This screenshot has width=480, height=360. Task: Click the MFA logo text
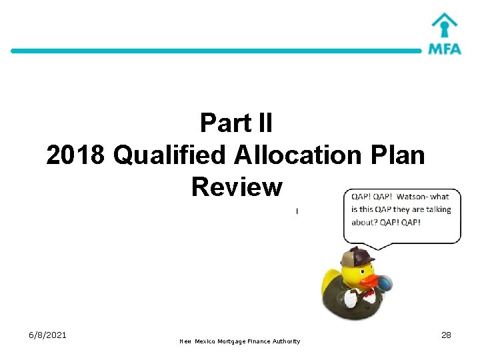point(445,48)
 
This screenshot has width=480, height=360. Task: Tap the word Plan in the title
point(398,155)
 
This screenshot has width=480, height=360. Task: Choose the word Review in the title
point(237,187)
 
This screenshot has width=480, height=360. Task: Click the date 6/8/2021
point(47,335)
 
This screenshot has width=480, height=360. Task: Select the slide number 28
point(446,335)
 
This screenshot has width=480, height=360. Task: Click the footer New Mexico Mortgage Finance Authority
point(240,341)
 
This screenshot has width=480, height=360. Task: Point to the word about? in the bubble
point(364,222)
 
